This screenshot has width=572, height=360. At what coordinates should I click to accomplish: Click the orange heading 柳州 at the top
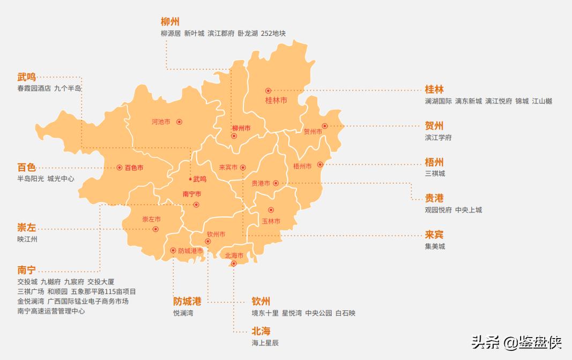click(170, 22)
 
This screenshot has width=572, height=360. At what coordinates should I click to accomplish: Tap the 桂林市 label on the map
click(276, 100)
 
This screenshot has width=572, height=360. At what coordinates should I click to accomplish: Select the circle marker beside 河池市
click(179, 122)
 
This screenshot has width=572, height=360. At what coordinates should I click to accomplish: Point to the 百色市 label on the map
click(134, 168)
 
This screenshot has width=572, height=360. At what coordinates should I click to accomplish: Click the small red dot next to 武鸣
click(190, 179)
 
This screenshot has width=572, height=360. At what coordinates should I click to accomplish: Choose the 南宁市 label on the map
click(192, 194)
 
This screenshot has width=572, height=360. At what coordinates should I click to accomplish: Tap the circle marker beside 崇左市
click(155, 229)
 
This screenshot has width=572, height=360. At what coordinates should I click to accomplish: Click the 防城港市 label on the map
click(190, 251)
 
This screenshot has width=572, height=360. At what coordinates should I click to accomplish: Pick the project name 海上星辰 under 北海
click(265, 343)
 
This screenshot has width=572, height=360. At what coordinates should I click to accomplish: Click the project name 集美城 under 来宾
click(435, 246)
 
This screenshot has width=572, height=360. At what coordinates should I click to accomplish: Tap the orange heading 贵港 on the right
click(434, 198)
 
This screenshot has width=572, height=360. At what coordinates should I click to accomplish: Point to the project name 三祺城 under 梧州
click(435, 174)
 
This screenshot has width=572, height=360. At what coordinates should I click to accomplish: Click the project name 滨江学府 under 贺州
click(438, 138)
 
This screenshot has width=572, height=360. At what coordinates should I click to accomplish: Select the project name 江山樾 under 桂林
click(542, 101)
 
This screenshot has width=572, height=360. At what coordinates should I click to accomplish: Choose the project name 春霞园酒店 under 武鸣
click(34, 88)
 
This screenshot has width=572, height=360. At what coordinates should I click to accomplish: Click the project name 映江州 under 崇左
click(27, 239)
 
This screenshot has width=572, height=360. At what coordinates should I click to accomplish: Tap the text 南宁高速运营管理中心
click(51, 311)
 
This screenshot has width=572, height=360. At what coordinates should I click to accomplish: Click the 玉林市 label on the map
click(271, 221)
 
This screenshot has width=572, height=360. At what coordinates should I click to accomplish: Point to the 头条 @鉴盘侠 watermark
click(516, 342)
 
